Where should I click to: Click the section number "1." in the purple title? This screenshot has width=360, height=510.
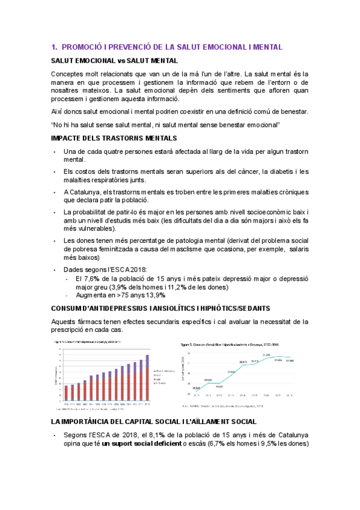(54, 47)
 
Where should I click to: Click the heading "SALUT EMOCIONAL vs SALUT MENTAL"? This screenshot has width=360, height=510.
(114, 61)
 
